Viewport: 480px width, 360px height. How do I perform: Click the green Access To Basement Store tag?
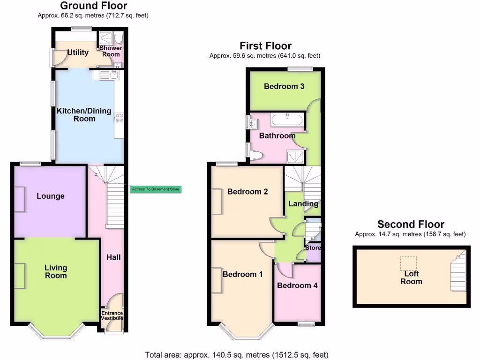point(155,189)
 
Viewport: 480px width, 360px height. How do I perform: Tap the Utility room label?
point(78,52)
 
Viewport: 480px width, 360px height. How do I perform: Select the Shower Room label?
point(111,51)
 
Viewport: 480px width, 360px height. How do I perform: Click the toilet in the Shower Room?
point(118,37)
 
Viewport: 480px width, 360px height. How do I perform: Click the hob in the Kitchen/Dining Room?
point(119,118)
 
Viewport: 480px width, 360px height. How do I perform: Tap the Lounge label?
point(51,196)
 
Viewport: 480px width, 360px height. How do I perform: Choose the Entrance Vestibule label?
point(112,315)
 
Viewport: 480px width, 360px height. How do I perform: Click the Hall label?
point(113,257)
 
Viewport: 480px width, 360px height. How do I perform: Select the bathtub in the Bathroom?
point(288,120)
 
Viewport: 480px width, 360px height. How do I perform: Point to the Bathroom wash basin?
point(254,124)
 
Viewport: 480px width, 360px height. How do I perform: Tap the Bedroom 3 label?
point(284,86)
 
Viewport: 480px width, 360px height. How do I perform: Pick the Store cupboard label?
point(313,247)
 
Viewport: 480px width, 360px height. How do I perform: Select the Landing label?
point(303,204)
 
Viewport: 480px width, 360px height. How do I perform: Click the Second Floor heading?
point(411,224)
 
